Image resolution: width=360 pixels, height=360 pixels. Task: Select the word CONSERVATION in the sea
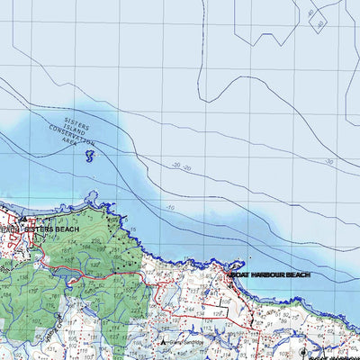(x=75, y=136)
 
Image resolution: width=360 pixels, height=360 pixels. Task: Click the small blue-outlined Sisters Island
(x=89, y=157)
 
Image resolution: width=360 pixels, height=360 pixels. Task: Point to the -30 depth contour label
(x=330, y=162)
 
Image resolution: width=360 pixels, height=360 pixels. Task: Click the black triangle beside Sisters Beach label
(x=22, y=219)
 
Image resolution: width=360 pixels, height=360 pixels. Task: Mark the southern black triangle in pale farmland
(x=162, y=342)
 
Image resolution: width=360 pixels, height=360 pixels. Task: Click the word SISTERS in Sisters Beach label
(x=39, y=229)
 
